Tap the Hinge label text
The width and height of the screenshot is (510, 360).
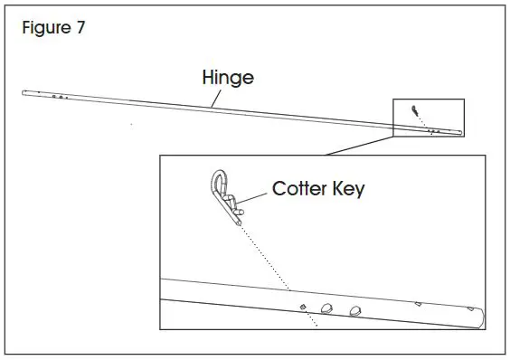click(227, 78)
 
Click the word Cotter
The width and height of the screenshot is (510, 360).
click(299, 190)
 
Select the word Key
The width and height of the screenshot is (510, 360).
click(348, 191)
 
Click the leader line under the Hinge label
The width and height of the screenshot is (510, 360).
click(212, 97)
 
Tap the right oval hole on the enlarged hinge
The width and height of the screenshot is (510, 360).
click(354, 310)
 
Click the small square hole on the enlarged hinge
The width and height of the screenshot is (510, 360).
click(303, 308)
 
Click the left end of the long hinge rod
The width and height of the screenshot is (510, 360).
click(28, 91)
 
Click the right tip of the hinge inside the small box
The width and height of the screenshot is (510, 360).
click(459, 134)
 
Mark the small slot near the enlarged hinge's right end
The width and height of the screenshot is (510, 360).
click(419, 304)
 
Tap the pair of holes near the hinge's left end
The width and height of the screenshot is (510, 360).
click(57, 94)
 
